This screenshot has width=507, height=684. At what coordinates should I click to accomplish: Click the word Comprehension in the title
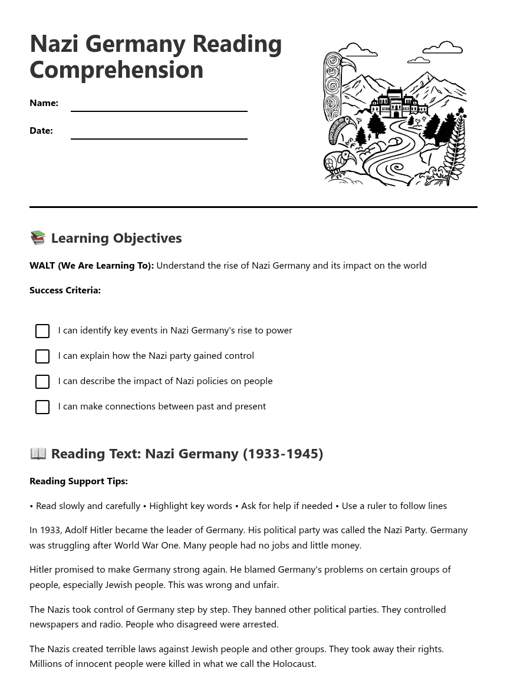pos(116,70)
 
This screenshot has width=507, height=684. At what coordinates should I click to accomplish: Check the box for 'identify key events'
pos(42,331)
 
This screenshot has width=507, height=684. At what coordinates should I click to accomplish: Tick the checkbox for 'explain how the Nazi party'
pos(42,356)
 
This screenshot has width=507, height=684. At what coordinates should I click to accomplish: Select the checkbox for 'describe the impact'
pos(42,382)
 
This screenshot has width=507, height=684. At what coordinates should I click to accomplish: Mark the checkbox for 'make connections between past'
pos(42,407)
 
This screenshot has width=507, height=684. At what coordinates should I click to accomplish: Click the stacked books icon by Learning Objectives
pos(38,237)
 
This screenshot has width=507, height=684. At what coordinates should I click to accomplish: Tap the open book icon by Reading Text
pos(38,453)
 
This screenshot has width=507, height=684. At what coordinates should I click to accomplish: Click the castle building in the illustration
pos(396,104)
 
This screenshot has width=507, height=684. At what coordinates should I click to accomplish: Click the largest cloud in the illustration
pos(443,48)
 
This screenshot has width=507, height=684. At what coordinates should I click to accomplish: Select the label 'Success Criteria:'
pos(65,290)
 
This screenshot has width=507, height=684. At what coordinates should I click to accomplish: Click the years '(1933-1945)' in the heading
pos(282,453)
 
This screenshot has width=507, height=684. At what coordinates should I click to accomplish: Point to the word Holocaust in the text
pos(294,663)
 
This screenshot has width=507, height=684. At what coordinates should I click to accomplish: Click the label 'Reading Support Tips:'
pos(78,481)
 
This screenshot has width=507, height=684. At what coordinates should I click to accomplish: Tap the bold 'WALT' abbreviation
pos(42,265)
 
